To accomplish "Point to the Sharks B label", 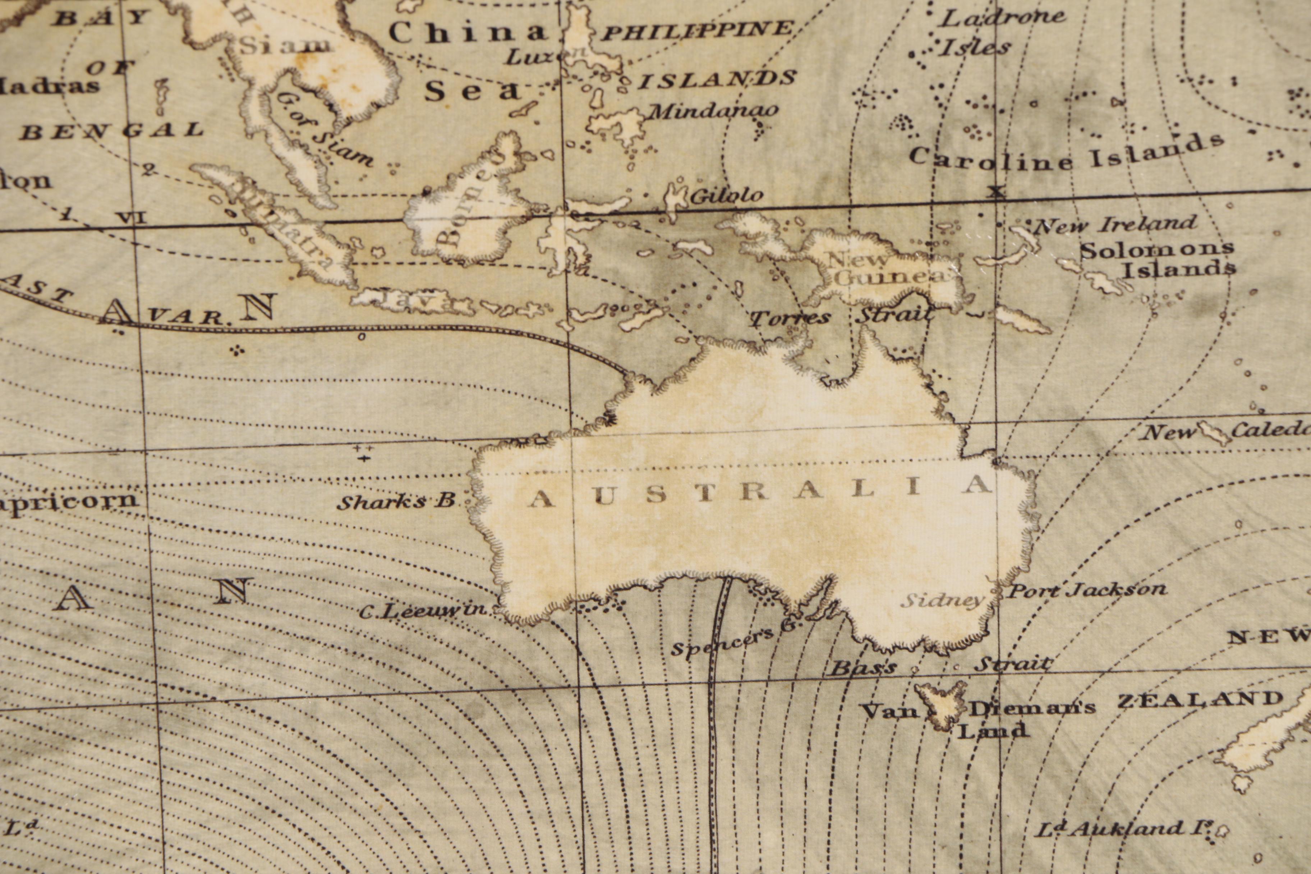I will [x=396, y=502].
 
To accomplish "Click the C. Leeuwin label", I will [x=423, y=611].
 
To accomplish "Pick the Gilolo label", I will [x=726, y=195].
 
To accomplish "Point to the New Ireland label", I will [x=1115, y=224].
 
